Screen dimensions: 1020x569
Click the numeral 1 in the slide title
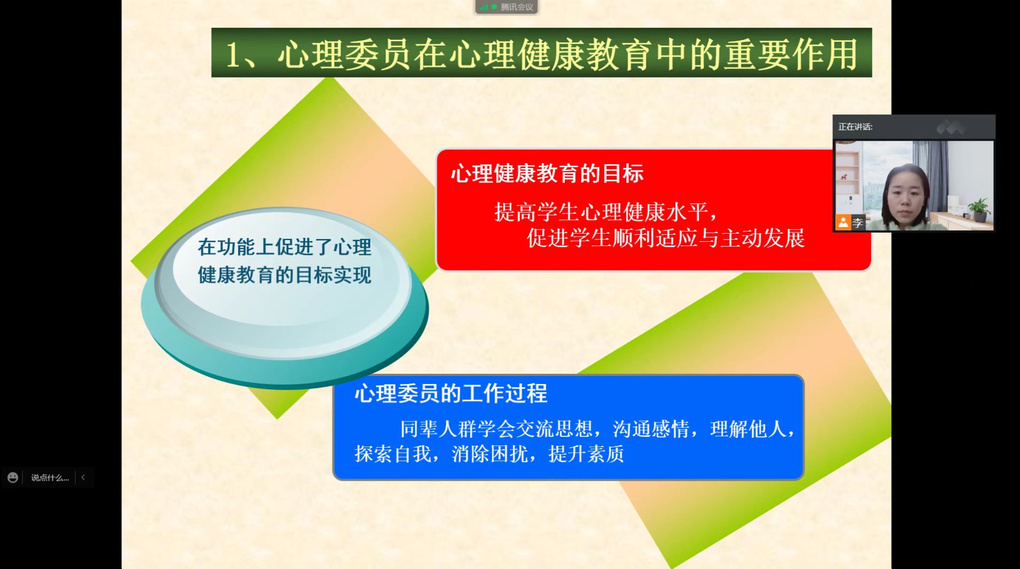pos(233,55)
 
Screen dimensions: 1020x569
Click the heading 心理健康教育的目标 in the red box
pos(547,174)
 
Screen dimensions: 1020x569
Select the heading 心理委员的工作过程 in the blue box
pos(451,394)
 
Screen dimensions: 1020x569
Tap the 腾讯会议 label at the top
pos(517,7)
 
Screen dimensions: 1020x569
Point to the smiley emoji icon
pos(13,478)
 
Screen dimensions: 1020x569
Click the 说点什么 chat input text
pos(50,478)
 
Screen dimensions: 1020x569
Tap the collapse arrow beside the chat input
pos(83,477)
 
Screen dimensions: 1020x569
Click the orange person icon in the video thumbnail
pos(843,222)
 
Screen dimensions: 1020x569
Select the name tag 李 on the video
pos(858,222)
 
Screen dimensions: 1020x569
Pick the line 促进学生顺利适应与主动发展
pos(666,238)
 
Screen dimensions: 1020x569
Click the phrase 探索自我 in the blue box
pos(392,454)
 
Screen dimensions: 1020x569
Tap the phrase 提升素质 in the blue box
pos(586,454)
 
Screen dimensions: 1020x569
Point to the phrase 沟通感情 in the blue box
pos(651,429)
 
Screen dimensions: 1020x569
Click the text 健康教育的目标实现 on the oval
pos(284,275)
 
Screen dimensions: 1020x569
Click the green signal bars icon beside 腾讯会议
pos(484,7)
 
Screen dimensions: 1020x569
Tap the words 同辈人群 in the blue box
pos(438,429)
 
